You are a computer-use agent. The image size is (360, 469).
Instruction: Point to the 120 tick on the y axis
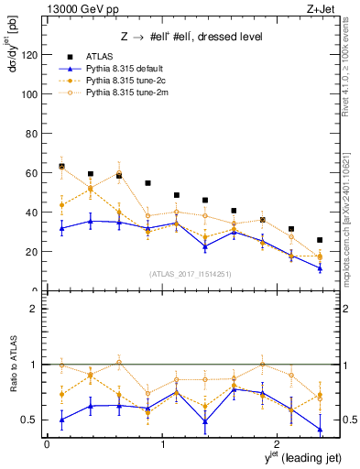coord(31,55)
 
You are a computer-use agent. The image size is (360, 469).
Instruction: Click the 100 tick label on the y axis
coord(31,94)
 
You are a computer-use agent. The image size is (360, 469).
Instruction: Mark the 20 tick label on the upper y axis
coord(34,251)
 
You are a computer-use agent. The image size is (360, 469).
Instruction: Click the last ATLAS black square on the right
coord(320,240)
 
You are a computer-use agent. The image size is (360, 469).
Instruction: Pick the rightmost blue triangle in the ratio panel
coord(320,429)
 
